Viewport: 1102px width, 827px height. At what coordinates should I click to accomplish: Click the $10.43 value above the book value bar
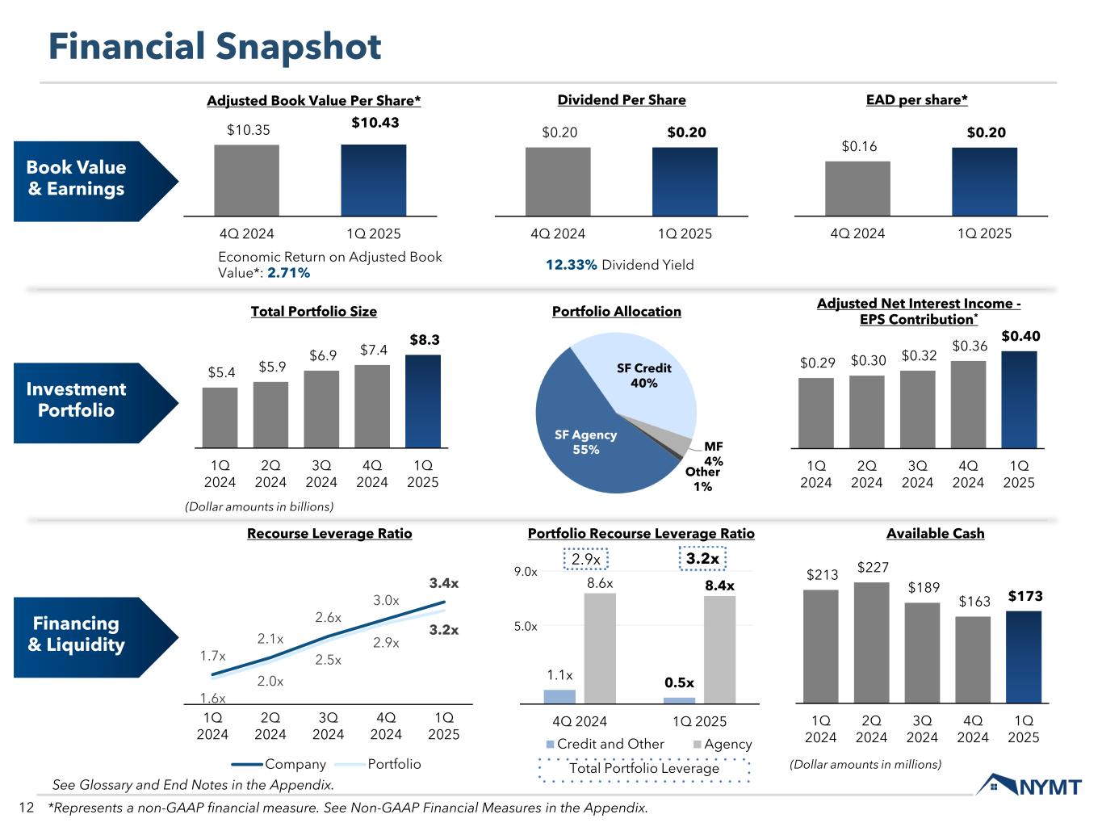click(375, 123)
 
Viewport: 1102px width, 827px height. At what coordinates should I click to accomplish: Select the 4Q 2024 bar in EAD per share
click(857, 189)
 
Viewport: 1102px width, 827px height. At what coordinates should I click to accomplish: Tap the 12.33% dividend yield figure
click(571, 265)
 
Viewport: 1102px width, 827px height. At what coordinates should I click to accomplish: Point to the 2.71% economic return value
click(288, 273)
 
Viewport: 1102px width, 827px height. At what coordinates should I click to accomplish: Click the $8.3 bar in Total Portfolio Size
click(422, 401)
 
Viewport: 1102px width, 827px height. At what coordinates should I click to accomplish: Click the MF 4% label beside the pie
click(713, 453)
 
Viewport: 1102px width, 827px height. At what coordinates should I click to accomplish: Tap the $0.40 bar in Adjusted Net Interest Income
click(1019, 400)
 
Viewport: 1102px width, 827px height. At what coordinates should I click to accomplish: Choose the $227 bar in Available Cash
click(871, 643)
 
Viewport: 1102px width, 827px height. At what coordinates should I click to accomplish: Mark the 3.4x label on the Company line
click(443, 582)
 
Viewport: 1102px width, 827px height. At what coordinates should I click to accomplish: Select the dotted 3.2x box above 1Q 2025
click(702, 559)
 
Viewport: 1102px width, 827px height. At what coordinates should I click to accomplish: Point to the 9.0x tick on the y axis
click(526, 572)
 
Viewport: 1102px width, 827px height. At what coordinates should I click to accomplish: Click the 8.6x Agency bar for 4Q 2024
click(600, 649)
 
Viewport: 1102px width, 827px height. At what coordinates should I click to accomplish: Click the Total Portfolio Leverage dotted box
click(643, 769)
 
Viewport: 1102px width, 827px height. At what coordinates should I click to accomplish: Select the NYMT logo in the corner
click(1029, 786)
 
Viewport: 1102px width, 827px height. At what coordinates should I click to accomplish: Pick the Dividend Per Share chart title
click(622, 100)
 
